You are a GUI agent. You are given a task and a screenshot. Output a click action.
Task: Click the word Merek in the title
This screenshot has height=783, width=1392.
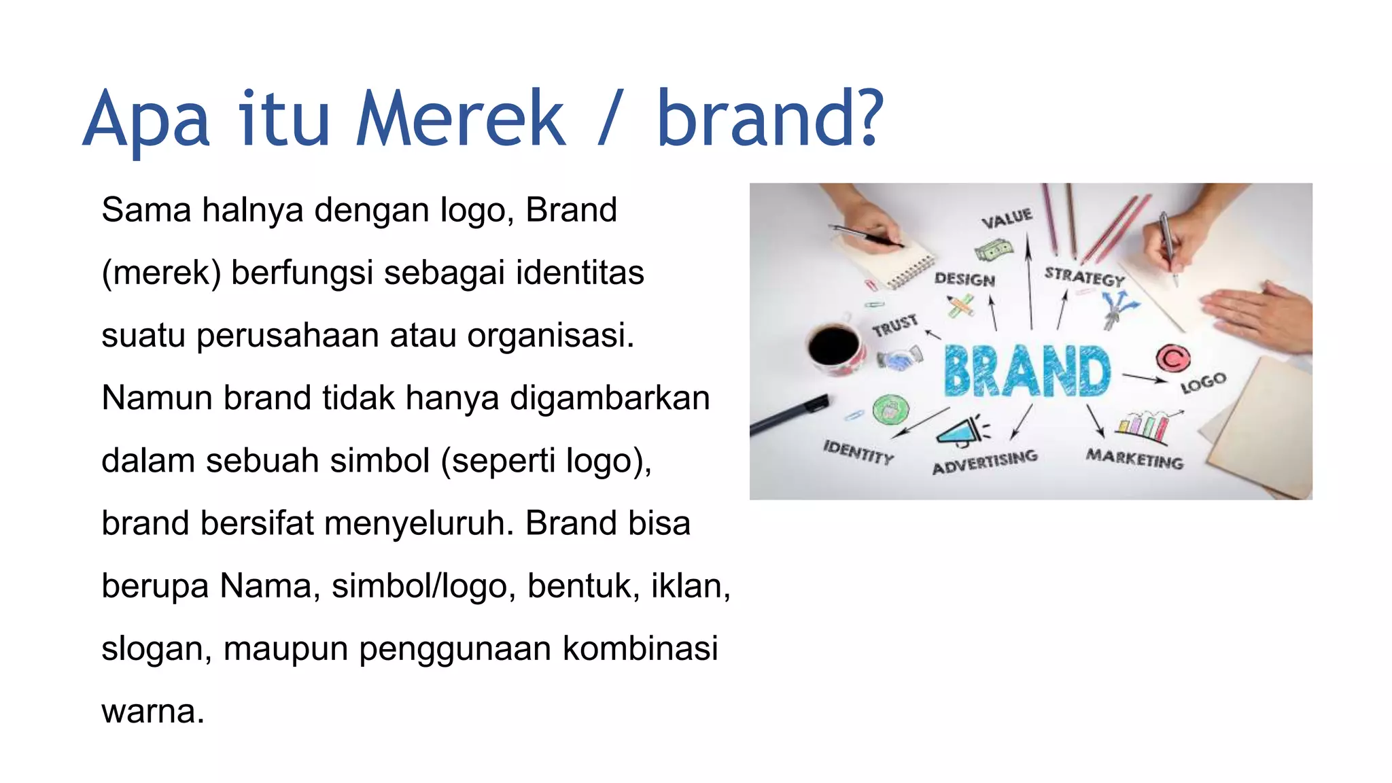tap(460, 119)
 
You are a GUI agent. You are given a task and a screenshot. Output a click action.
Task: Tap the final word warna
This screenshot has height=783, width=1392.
tap(152, 712)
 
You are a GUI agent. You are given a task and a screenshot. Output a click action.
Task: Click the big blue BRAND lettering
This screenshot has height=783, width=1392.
tap(1027, 371)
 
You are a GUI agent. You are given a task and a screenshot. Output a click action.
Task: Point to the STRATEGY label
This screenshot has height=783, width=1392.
tap(1085, 277)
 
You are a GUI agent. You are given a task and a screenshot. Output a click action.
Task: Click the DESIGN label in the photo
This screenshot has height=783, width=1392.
tap(964, 279)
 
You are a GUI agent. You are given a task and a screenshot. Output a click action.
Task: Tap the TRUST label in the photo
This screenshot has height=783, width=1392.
tap(895, 326)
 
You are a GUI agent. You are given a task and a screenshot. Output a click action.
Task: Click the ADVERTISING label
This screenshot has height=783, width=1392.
tap(984, 462)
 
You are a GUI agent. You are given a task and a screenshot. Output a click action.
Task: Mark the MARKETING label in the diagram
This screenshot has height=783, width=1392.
tap(1134, 459)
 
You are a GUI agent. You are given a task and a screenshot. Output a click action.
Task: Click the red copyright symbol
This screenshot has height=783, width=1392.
tap(1172, 358)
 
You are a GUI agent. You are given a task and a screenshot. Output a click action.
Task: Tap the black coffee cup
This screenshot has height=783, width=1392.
tap(835, 347)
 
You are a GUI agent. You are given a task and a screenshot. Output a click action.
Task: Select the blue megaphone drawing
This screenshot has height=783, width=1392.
tap(962, 431)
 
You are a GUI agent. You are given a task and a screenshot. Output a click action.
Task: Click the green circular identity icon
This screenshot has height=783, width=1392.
tap(890, 410)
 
